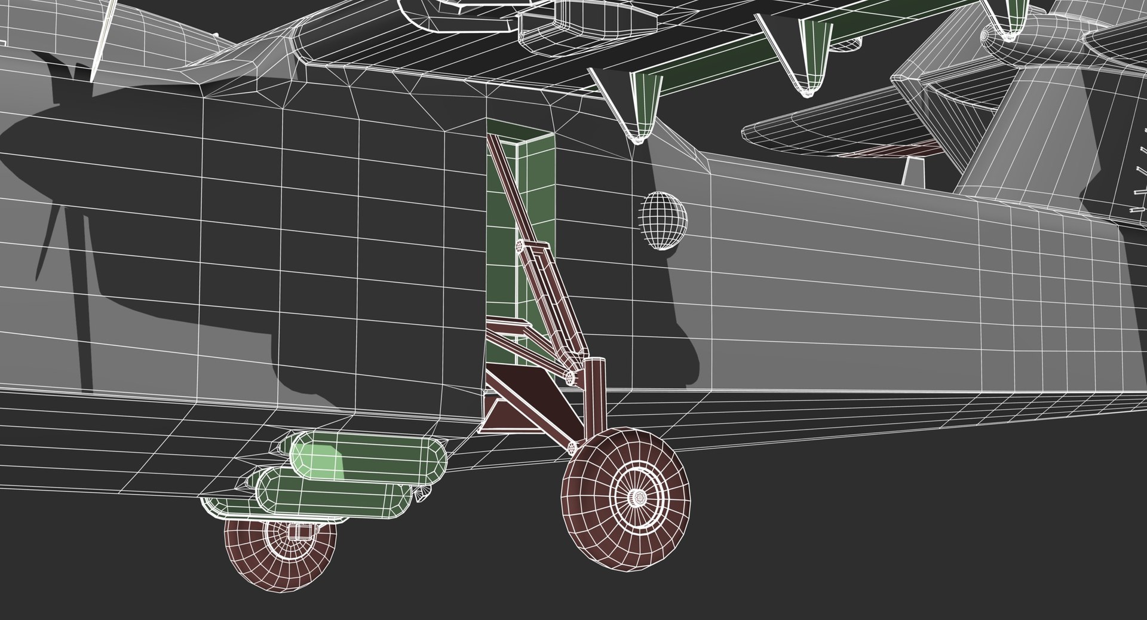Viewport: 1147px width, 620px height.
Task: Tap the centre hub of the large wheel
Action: click(639, 496)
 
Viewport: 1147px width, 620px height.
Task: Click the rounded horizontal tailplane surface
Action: click(836, 134)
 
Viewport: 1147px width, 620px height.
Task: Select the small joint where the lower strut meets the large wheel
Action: click(573, 447)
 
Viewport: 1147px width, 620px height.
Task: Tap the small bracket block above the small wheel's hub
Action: click(297, 530)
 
